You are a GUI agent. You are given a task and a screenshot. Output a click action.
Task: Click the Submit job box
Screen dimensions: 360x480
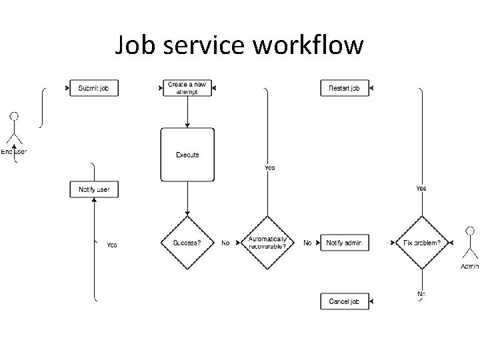click(93, 88)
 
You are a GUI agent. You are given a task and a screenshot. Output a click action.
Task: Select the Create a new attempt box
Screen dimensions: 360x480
click(187, 88)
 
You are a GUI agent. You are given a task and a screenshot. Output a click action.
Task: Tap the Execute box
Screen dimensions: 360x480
click(187, 155)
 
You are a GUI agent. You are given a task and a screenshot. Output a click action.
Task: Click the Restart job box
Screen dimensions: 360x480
click(344, 88)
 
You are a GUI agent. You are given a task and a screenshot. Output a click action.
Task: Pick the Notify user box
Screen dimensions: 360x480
click(94, 189)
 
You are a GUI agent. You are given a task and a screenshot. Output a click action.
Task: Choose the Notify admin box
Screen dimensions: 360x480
click(344, 243)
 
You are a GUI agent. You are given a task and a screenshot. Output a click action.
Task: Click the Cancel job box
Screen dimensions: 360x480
click(344, 301)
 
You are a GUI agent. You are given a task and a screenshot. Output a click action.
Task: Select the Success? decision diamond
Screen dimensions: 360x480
click(187, 243)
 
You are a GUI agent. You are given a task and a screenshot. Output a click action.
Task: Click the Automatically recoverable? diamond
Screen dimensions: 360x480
click(267, 243)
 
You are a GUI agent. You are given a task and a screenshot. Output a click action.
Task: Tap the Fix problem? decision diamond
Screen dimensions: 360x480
click(422, 243)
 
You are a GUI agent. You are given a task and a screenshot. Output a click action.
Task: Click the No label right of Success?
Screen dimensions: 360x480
click(225, 243)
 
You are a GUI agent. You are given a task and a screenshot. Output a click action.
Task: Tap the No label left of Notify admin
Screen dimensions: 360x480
click(307, 243)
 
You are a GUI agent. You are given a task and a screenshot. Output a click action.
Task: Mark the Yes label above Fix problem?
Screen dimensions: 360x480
click(421, 189)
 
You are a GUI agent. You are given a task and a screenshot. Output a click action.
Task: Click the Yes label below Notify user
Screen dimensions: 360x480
click(112, 245)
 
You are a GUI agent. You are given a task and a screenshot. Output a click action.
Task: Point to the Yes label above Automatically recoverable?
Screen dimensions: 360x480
click(269, 168)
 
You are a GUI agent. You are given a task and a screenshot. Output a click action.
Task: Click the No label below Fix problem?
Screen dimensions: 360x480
click(421, 294)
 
